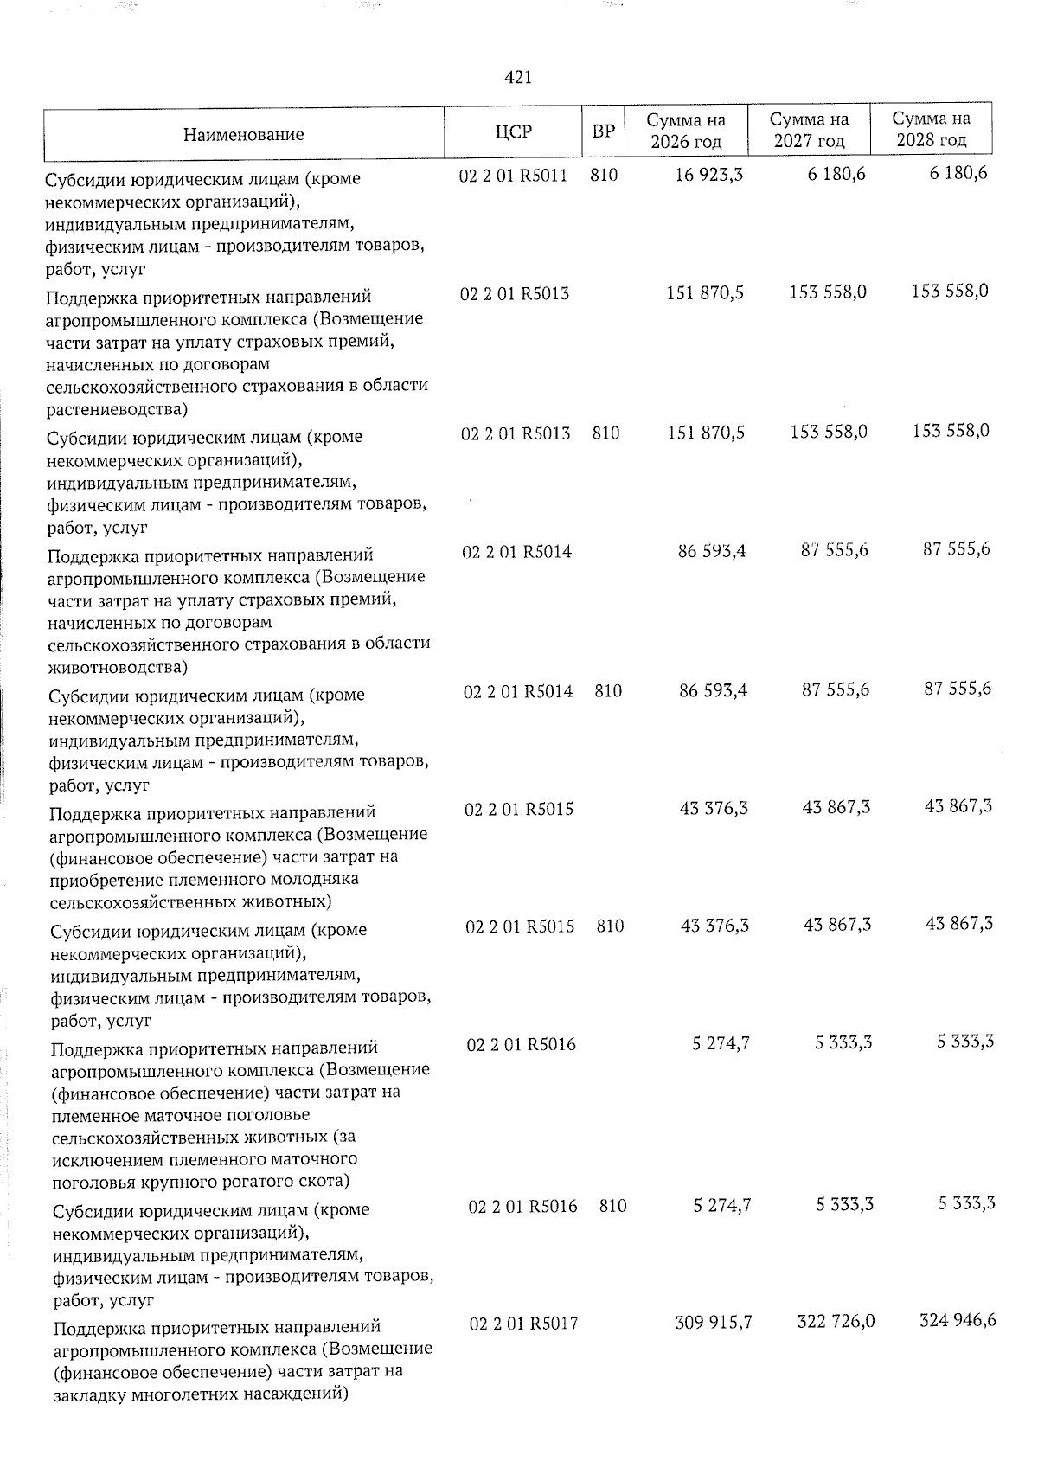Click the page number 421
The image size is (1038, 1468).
[x=517, y=78]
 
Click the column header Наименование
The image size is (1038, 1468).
[x=243, y=134]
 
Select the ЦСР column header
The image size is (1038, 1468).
[x=514, y=132]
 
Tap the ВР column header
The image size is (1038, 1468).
[x=603, y=132]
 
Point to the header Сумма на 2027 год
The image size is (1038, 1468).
[x=809, y=130]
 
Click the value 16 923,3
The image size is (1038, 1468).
[x=708, y=176]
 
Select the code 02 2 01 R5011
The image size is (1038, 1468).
[x=513, y=176]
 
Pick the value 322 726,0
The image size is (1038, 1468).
[x=835, y=1321]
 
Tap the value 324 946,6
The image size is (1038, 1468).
[x=958, y=1320]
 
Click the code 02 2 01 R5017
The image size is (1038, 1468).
[x=523, y=1324]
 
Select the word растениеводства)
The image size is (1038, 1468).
[x=117, y=408]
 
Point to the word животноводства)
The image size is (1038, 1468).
[x=119, y=667]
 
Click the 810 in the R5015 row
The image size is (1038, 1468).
[x=610, y=926]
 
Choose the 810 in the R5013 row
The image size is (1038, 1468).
[x=605, y=433]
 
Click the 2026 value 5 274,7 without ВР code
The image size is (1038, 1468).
[x=721, y=1044]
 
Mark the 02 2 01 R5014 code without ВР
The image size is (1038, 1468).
[x=516, y=552]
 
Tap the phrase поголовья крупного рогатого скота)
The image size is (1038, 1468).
[x=201, y=1181]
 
